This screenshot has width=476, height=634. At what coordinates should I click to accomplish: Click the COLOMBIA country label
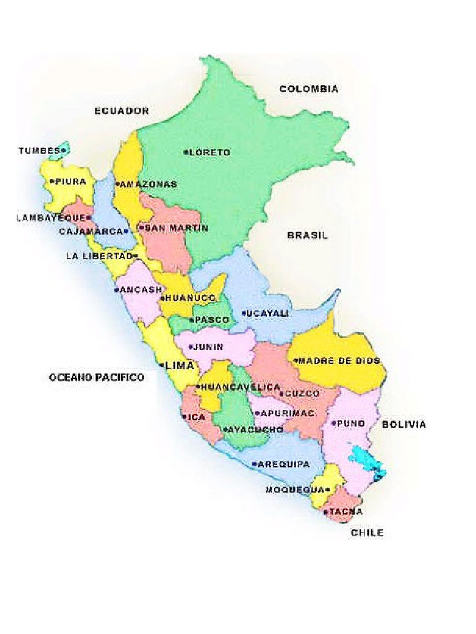(309, 89)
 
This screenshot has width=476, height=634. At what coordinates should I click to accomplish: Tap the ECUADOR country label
(121, 111)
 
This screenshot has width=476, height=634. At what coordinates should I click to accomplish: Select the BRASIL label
(307, 235)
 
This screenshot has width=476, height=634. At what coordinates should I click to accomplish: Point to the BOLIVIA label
(403, 425)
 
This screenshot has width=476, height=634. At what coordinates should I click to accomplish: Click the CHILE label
(367, 532)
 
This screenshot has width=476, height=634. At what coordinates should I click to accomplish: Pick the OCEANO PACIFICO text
(96, 377)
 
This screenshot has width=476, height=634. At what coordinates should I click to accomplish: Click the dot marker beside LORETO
(186, 152)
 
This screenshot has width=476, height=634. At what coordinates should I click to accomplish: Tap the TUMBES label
(39, 150)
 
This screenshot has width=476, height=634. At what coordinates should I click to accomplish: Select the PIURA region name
(69, 182)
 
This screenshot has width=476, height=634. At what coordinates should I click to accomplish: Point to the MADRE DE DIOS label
(340, 360)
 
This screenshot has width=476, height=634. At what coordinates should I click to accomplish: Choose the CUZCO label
(302, 393)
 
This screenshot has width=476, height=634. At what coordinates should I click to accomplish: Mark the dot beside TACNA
(326, 512)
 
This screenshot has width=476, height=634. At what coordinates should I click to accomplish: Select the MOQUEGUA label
(295, 490)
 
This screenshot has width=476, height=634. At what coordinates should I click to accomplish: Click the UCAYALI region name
(268, 314)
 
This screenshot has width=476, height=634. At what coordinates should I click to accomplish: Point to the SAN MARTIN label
(176, 228)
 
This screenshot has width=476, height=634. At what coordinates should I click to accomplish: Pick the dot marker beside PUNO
(333, 423)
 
